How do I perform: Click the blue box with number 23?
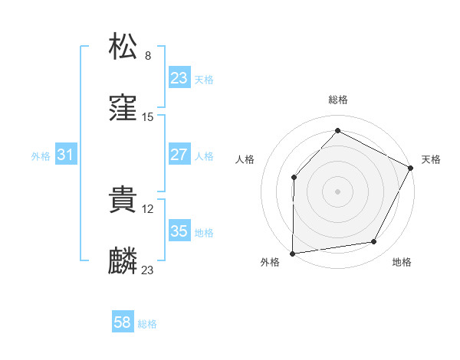coord(179,78)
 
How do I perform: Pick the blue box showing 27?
coord(179,155)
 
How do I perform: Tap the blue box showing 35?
coord(179,231)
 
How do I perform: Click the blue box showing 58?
coord(123,322)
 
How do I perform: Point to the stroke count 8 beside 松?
coord(148,55)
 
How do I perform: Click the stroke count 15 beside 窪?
coord(149,117)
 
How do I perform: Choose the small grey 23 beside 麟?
coord(148,270)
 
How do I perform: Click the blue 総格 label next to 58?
coord(147,324)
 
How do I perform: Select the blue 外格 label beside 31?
coord(41,156)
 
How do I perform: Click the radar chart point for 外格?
coord(292,253)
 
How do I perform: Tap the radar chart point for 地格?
coord(374,242)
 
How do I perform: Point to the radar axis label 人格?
coord(245,159)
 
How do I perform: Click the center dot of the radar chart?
coord(337,191)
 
